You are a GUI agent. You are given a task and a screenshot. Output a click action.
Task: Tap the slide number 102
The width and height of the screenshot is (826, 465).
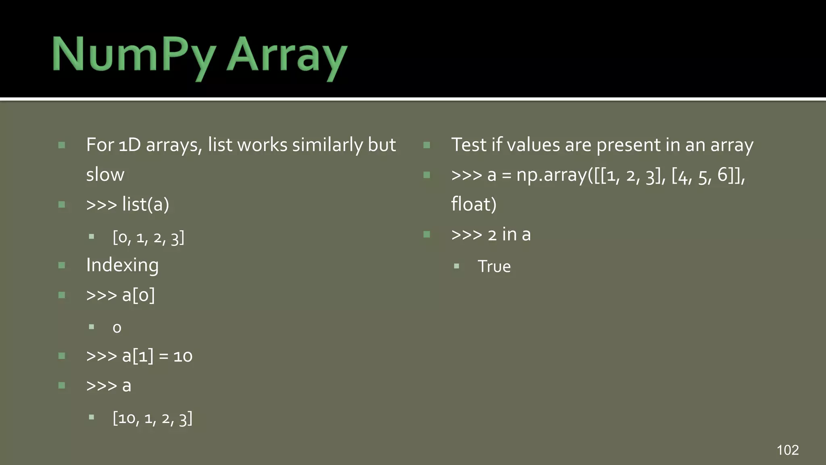pyautogui.click(x=787, y=450)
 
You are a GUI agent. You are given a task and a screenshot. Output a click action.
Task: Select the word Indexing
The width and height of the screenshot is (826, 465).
pyautogui.click(x=122, y=266)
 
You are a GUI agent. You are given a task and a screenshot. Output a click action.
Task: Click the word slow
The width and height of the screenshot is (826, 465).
pyautogui.click(x=105, y=175)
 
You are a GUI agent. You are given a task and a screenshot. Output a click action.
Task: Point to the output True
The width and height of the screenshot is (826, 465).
pyautogui.click(x=494, y=266)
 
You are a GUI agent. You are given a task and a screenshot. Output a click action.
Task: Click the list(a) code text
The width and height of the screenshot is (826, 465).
pyautogui.click(x=146, y=204)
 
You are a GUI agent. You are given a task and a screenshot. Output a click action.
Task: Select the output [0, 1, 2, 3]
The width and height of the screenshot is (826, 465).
pyautogui.click(x=148, y=237)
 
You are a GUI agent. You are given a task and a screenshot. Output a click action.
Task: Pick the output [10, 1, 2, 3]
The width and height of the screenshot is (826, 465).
pyautogui.click(x=152, y=418)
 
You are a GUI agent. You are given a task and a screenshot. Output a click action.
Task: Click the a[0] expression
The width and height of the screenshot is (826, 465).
pyautogui.click(x=138, y=295)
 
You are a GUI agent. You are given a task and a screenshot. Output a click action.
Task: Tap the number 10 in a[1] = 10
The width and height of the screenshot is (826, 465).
pyautogui.click(x=183, y=356)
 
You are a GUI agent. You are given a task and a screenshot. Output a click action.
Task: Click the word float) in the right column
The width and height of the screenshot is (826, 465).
pyautogui.click(x=473, y=204)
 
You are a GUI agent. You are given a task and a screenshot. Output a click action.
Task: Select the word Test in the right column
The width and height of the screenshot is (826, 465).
pyautogui.click(x=468, y=145)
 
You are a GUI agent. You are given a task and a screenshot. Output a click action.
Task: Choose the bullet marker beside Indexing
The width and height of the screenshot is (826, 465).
pyautogui.click(x=62, y=265)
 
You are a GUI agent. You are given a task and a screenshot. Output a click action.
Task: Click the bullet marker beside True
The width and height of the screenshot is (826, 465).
pyautogui.click(x=456, y=266)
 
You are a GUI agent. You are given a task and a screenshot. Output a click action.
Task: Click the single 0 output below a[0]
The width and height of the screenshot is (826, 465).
pyautogui.click(x=117, y=328)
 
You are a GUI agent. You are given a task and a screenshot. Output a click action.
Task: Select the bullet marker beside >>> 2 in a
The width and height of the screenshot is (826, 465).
pyautogui.click(x=427, y=235)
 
